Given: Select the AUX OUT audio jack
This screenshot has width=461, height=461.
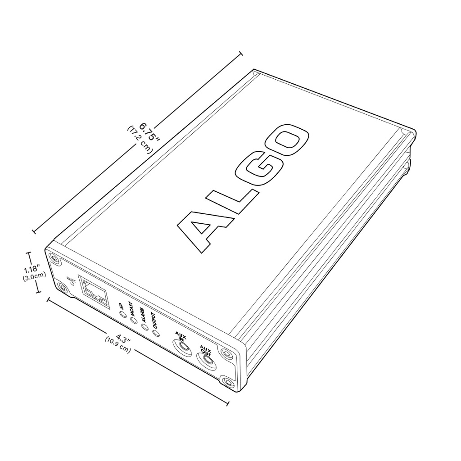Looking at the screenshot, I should point(207,359).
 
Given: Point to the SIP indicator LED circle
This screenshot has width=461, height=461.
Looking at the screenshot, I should point(122,315).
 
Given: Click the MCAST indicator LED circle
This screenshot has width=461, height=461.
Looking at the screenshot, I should point(133,321).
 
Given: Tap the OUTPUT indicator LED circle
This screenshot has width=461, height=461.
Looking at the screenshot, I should point(156,333).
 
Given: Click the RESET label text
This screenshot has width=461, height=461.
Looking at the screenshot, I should point(71,280).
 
